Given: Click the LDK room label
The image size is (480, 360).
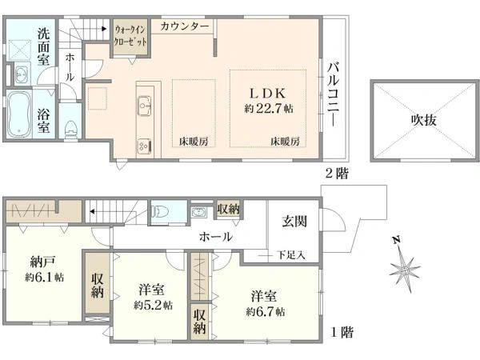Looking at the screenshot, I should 265,91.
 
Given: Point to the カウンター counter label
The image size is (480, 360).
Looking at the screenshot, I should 185,27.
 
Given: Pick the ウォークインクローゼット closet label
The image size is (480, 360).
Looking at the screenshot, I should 130,34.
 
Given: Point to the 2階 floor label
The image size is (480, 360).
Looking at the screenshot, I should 336,172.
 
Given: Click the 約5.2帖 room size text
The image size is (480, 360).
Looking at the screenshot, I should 151,305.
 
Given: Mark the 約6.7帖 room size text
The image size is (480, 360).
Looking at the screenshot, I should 265,311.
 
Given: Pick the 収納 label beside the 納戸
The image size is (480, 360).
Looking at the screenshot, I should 96,286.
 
